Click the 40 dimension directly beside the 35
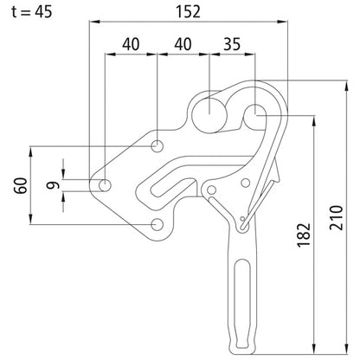(183, 43)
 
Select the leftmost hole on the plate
(106, 184)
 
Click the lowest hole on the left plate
(157, 225)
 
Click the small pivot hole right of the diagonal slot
(245, 183)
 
